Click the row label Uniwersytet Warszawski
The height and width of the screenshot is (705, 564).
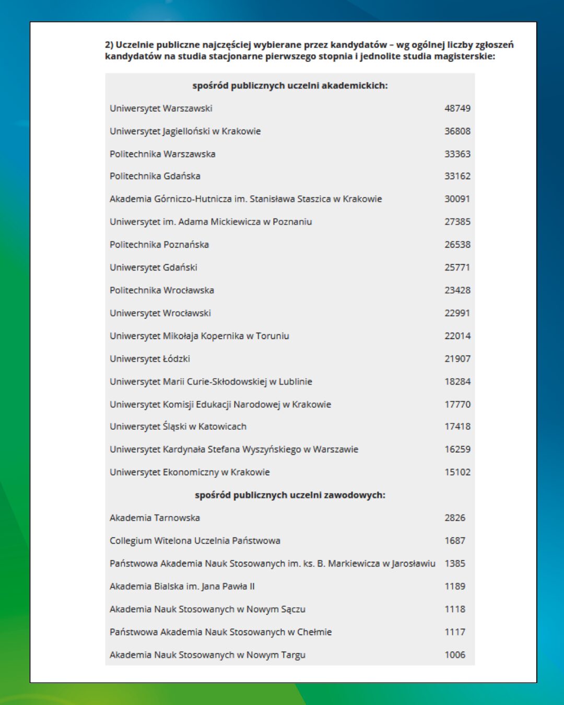coord(161,109)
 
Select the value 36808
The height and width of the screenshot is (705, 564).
coord(457,131)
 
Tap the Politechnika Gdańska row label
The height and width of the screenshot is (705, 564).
coord(155,176)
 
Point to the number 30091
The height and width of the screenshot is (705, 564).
coord(457,199)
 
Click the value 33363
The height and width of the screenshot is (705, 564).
coord(457,154)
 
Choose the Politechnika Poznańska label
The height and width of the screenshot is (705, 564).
coord(159,244)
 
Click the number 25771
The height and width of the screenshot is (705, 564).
coord(457,267)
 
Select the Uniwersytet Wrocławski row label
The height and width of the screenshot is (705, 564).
coord(160,313)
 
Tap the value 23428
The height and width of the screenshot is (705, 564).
coord(457,290)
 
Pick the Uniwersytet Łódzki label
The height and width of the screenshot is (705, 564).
coord(150,359)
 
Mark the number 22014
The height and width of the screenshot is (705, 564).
coord(457,336)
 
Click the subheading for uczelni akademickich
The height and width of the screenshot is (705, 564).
coord(290,86)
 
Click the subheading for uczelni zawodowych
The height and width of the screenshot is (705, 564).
coord(290,495)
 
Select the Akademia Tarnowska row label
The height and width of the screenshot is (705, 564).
coord(155,518)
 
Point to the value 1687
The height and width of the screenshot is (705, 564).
coord(454,540)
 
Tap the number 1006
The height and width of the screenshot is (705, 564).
coord(454,655)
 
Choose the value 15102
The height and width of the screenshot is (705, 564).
coord(457,472)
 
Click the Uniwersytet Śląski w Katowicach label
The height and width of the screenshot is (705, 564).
coord(178,427)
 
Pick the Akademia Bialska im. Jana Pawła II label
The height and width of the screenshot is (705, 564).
coord(182,586)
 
